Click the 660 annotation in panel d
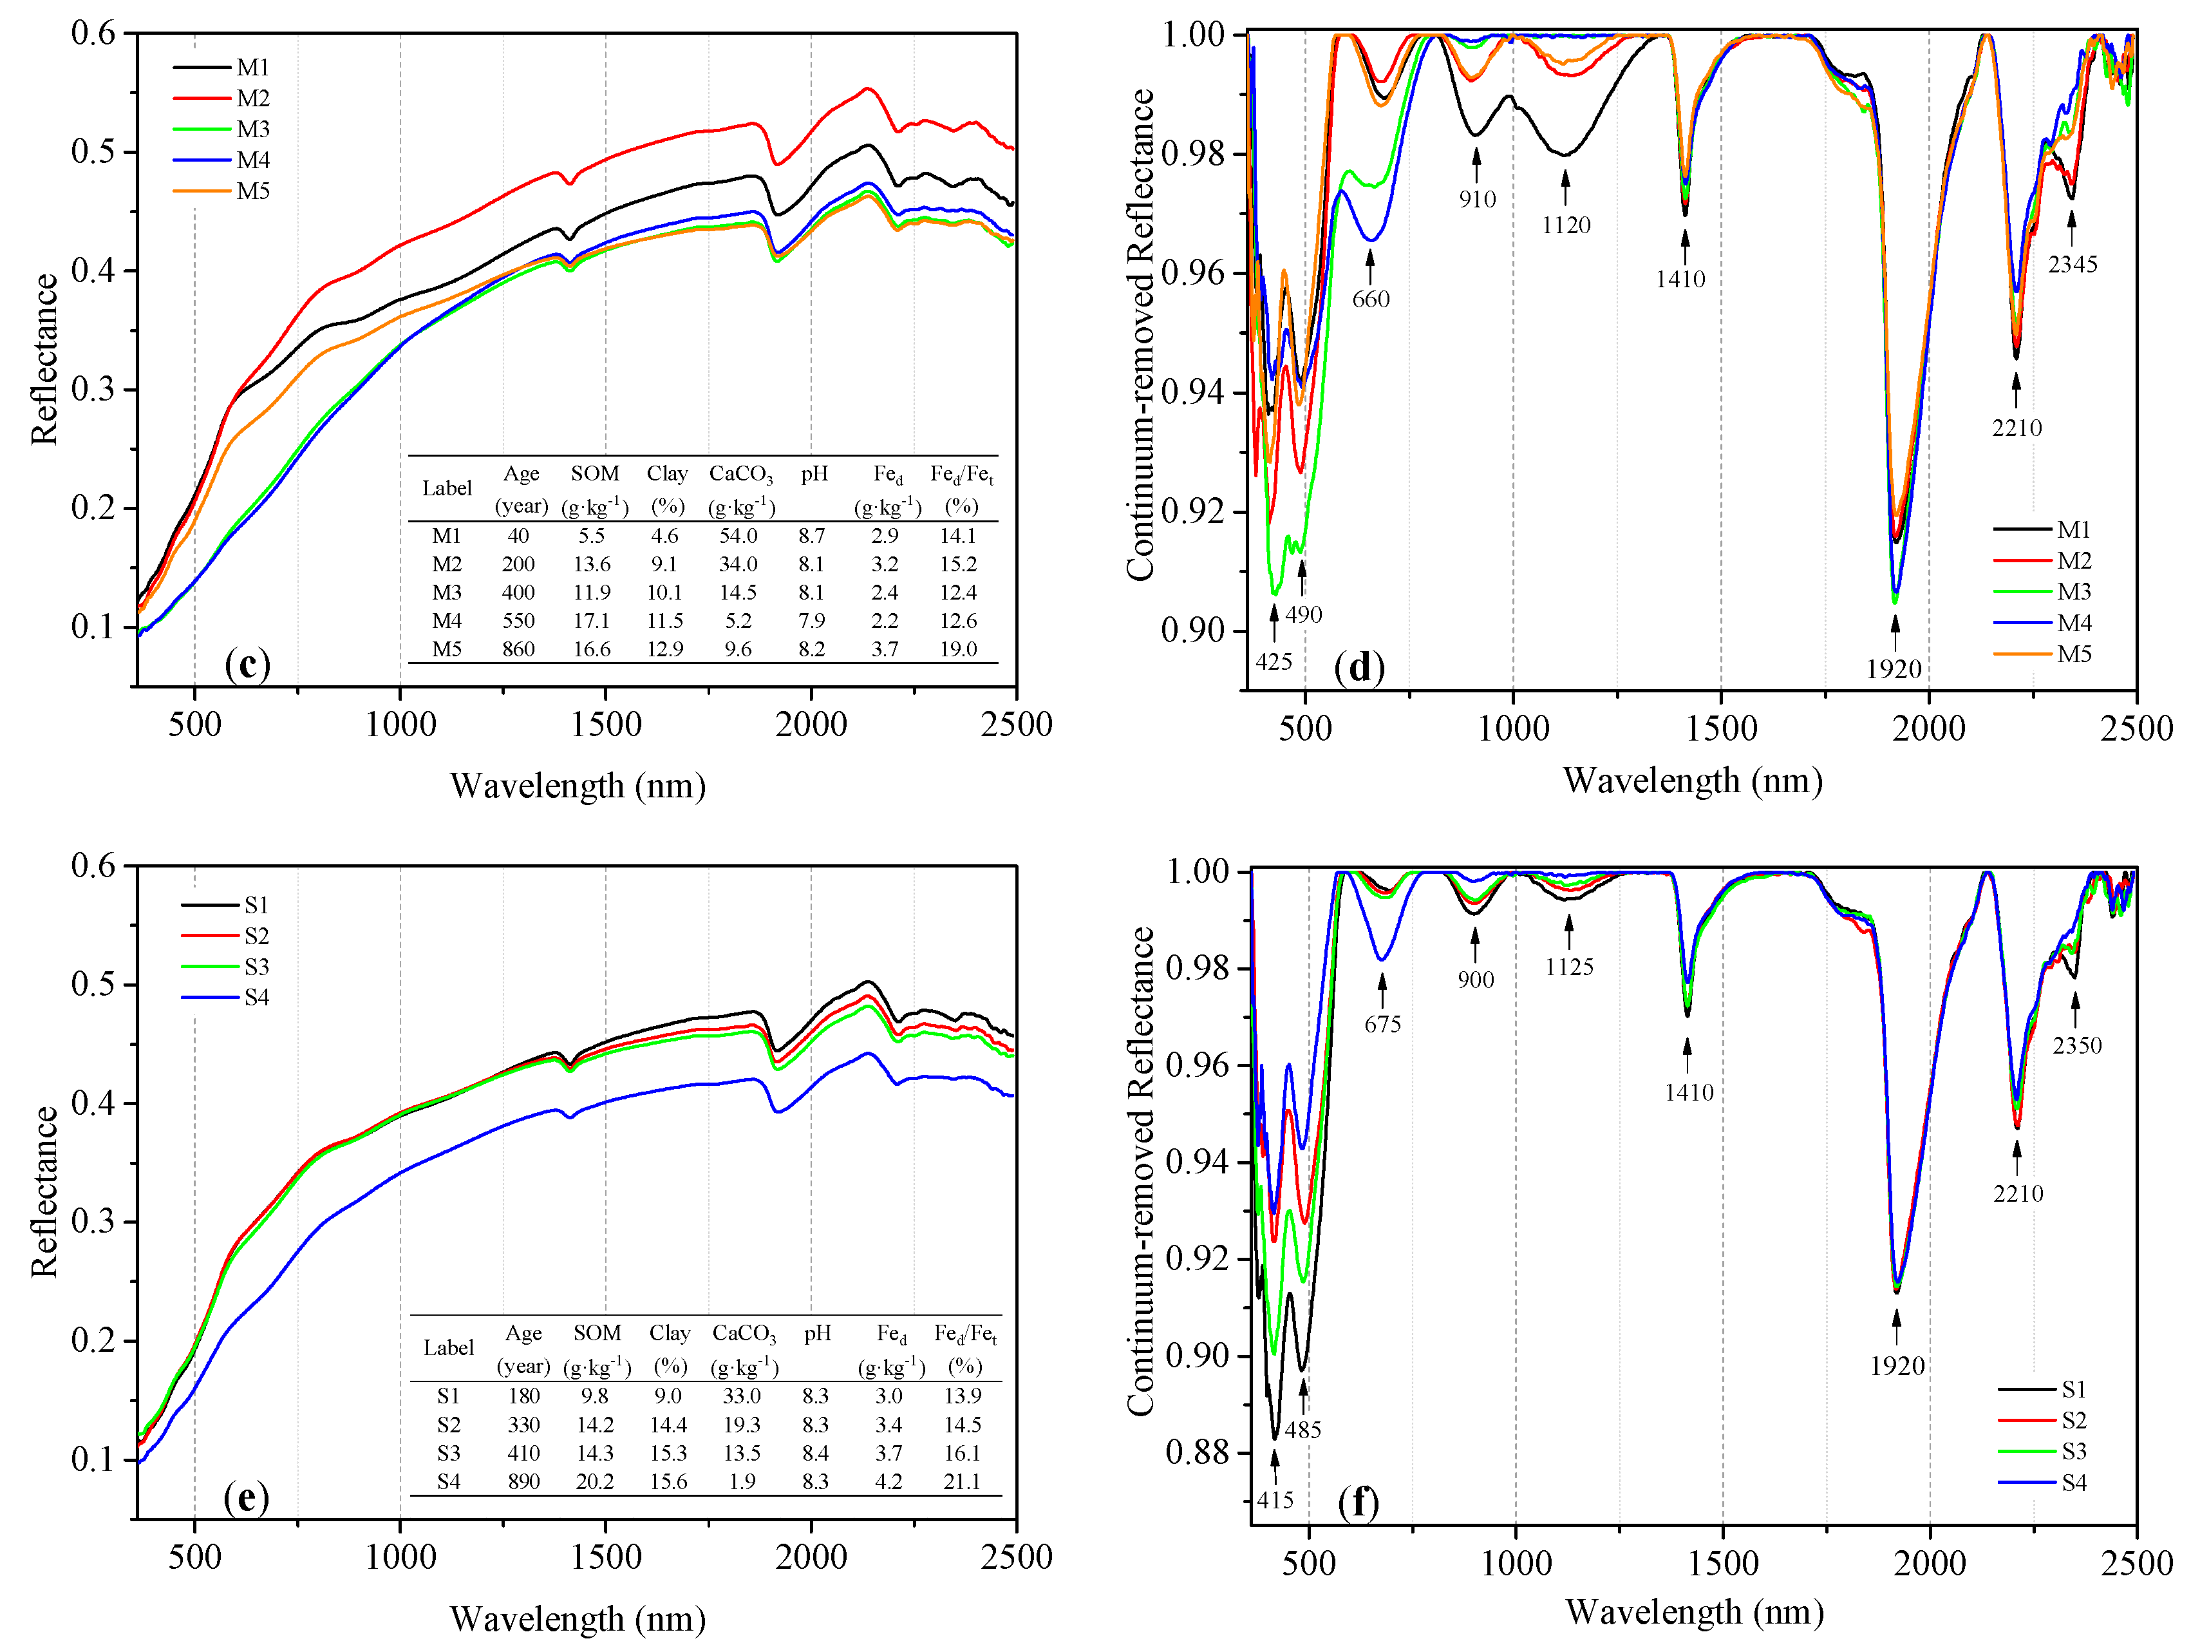pyautogui.click(x=1371, y=298)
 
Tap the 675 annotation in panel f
pyautogui.click(x=1382, y=1023)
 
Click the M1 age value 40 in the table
pyautogui.click(x=518, y=535)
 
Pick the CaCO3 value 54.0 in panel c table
pyautogui.click(x=738, y=535)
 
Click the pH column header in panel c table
pyautogui.click(x=814, y=473)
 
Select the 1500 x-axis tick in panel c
pyautogui.click(x=606, y=723)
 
